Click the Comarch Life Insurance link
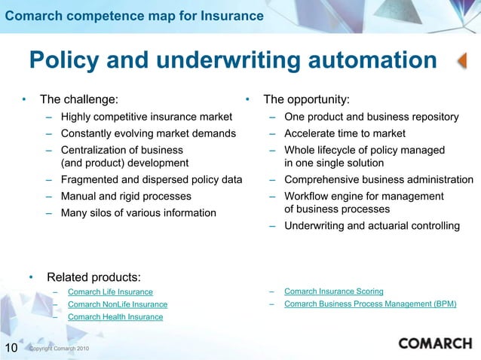110,291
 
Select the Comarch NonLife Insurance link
117,304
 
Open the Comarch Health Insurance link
115,317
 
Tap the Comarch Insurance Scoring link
333,291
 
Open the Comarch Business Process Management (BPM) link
369,304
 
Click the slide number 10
11,347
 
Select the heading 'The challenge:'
78,99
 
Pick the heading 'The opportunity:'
305,99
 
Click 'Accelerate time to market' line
345,133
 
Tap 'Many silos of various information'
138,212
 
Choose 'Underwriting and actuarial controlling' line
372,226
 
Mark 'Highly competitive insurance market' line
146,117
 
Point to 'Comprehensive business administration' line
378,179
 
